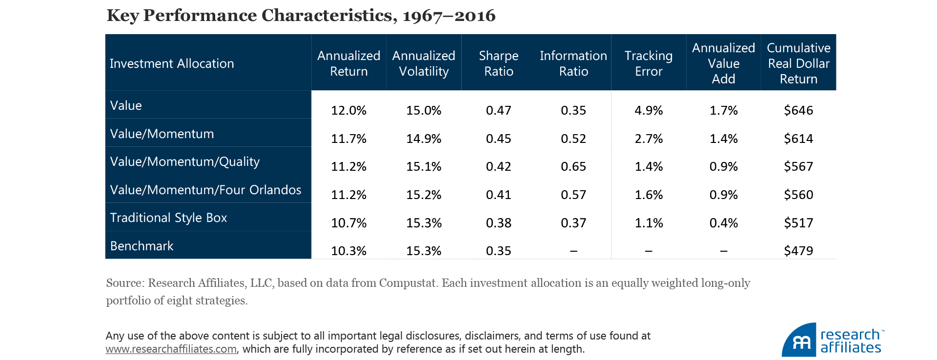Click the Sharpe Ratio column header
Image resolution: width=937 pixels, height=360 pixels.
coord(498,63)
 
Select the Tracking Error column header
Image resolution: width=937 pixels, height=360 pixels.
coord(648,63)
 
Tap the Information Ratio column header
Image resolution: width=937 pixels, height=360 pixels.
coord(573,63)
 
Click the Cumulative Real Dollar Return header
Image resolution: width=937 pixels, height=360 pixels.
coord(798,63)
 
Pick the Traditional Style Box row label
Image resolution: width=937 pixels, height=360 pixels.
coord(168,218)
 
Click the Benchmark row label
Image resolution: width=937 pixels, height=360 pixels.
coord(142,246)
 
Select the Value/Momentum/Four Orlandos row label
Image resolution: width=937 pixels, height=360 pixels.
coord(205,190)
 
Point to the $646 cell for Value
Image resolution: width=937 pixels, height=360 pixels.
coord(798,110)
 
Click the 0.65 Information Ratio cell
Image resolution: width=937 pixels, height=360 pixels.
coord(573,166)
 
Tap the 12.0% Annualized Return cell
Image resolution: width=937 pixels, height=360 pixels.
coord(348,110)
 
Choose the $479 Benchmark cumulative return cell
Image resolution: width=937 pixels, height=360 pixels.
coord(798,251)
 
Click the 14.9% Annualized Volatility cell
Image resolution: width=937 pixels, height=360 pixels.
coord(424,139)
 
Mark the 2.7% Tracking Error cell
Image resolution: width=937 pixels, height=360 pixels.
coord(649,139)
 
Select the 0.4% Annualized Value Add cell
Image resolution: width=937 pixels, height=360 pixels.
coord(723,223)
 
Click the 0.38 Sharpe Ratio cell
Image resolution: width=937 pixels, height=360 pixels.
coord(498,223)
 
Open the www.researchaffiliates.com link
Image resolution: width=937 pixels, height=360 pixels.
coord(171,349)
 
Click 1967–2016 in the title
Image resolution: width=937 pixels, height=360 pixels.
coord(448,16)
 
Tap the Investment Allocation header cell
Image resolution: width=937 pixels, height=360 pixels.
coord(172,63)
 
